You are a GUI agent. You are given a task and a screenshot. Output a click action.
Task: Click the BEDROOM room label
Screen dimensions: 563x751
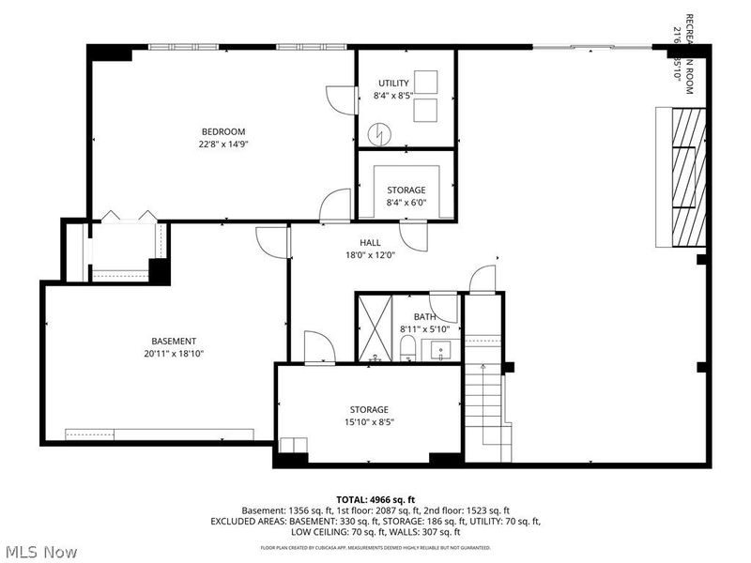coord(222,130)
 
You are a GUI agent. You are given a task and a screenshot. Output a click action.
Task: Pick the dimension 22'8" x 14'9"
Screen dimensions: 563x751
coord(222,144)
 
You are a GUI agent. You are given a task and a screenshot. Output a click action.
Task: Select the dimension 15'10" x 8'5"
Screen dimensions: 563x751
coord(369,422)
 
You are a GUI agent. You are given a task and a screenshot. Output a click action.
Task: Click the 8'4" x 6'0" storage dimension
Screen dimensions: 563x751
coord(406,203)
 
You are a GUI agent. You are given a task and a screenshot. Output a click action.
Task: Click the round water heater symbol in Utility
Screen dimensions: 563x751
coord(378,134)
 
